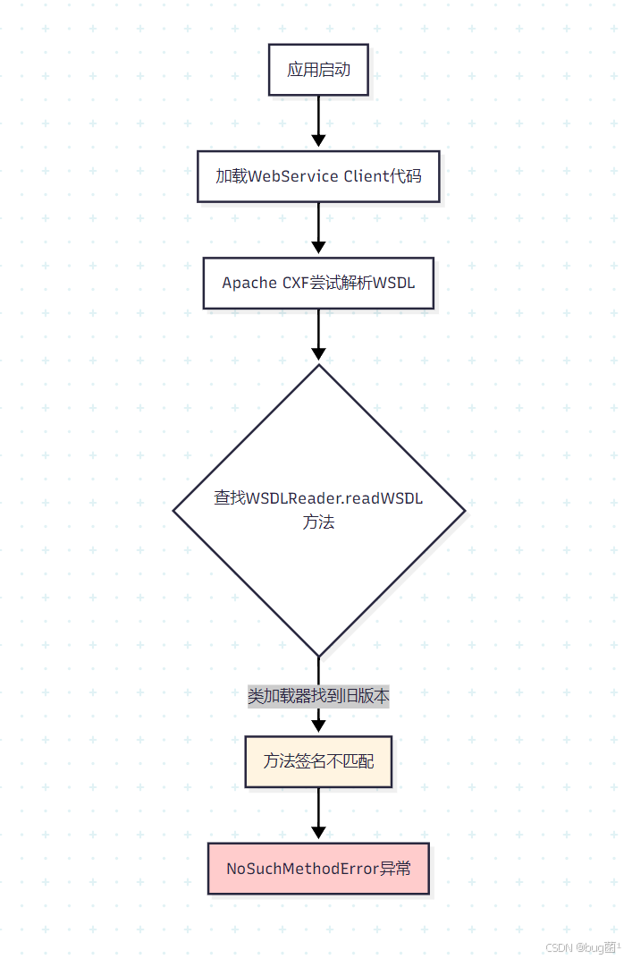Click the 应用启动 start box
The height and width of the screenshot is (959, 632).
pyautogui.click(x=318, y=70)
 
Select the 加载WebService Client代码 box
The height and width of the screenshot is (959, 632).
pyautogui.click(x=318, y=176)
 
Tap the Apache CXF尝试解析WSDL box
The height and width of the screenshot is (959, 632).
pyautogui.click(x=318, y=283)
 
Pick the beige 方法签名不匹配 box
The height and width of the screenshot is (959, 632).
pyautogui.click(x=318, y=762)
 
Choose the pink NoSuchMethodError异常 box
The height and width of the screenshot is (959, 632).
pyautogui.click(x=318, y=868)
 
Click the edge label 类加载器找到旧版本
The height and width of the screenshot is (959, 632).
pyautogui.click(x=318, y=696)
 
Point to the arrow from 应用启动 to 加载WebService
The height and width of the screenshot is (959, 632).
pyautogui.click(x=318, y=120)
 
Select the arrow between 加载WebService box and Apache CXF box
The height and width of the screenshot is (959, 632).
pyautogui.click(x=318, y=227)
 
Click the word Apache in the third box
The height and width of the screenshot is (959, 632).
pyautogui.click(x=249, y=283)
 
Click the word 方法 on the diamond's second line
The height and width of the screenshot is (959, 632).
pyautogui.click(x=318, y=522)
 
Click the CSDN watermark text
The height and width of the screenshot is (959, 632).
pyautogui.click(x=559, y=947)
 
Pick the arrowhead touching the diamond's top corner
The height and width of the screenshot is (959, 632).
pyautogui.click(x=318, y=355)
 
